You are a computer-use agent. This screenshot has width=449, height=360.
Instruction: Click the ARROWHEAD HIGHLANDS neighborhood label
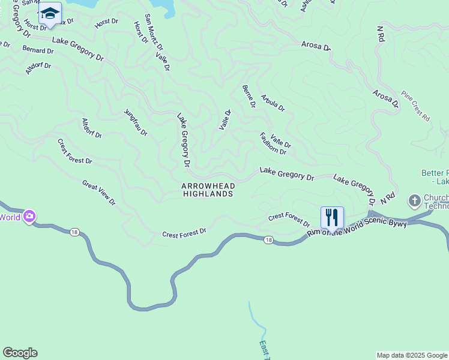[208, 190]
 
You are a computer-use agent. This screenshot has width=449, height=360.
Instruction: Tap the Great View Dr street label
[98, 193]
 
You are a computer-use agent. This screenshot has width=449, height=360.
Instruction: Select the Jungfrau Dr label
[136, 122]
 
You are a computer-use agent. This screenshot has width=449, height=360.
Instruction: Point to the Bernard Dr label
[38, 49]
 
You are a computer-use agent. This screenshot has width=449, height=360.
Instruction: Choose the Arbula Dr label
[273, 103]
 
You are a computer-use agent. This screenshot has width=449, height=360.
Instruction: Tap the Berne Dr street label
[249, 96]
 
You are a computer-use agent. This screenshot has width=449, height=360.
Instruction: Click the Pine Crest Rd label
[416, 107]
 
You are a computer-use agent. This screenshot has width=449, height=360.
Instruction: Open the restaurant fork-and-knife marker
[332, 217]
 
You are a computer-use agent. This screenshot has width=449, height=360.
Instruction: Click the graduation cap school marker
[50, 13]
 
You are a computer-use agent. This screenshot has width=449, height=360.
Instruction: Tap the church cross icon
[414, 200]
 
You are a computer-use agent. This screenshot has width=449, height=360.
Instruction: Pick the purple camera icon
[29, 217]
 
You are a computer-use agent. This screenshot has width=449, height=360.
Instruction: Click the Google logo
[20, 353]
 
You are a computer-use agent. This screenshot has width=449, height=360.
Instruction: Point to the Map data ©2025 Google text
[412, 355]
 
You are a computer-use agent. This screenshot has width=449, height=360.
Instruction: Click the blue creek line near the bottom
[255, 321]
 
